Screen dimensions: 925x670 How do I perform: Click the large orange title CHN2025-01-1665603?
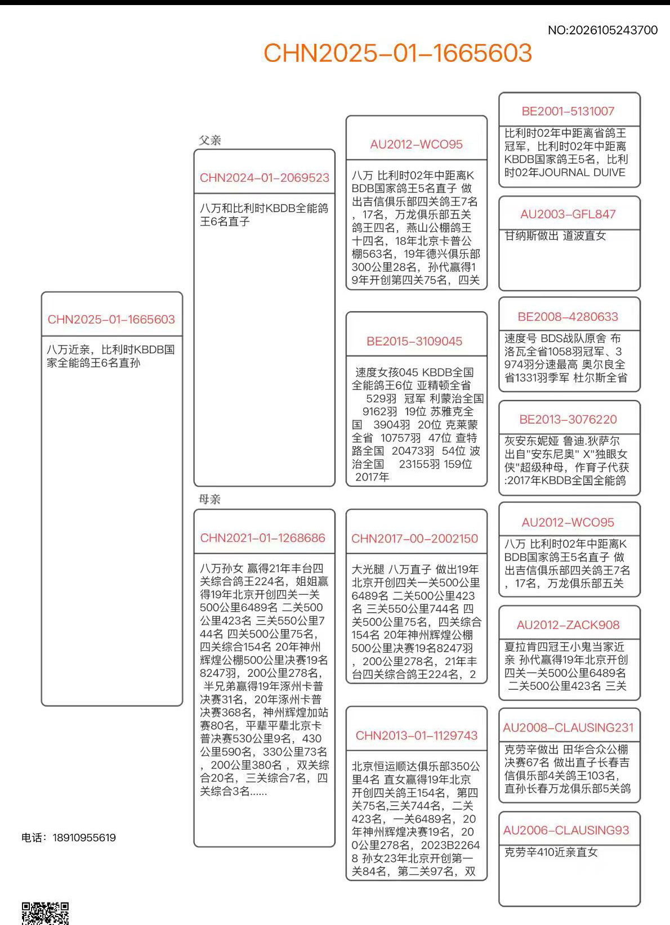(x=397, y=53)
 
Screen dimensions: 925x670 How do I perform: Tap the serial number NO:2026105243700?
(x=602, y=30)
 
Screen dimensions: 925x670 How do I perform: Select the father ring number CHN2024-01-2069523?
(x=264, y=178)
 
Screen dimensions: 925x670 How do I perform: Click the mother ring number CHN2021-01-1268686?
(x=262, y=538)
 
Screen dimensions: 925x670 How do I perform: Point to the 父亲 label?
(x=209, y=140)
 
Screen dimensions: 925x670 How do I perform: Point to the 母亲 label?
(x=209, y=499)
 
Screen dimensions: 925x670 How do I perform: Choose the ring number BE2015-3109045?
(x=414, y=341)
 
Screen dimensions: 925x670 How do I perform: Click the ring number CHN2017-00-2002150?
(x=414, y=538)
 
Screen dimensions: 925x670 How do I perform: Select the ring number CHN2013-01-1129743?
(x=416, y=735)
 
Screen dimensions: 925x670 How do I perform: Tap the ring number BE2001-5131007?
(x=568, y=111)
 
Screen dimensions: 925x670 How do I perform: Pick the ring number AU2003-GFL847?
(x=568, y=214)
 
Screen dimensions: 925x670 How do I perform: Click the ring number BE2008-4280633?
(x=568, y=317)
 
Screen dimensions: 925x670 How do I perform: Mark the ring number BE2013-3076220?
(x=568, y=420)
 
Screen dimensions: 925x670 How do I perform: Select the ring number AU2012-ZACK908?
(x=568, y=625)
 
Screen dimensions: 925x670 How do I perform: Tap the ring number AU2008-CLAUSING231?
(x=568, y=728)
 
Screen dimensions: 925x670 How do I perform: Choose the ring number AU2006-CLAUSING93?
(x=566, y=830)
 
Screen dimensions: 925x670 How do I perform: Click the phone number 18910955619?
(x=84, y=838)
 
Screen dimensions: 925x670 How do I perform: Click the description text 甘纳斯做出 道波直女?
(x=555, y=236)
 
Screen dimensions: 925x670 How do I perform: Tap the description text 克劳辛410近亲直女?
(x=551, y=852)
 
